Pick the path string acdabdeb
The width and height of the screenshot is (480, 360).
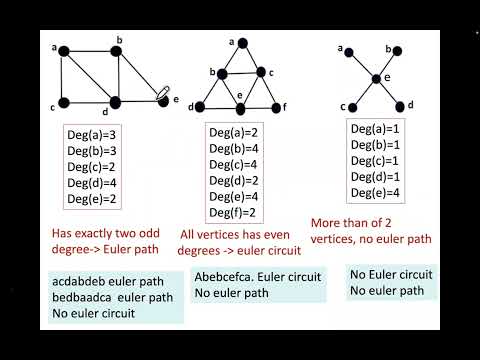tap(78, 281)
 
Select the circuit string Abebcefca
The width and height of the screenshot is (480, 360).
tap(226, 281)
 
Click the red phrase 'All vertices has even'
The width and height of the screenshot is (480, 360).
tap(241, 234)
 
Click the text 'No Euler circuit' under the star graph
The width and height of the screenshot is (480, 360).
tap(391, 274)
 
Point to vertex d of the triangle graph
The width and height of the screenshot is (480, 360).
tap(204, 106)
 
